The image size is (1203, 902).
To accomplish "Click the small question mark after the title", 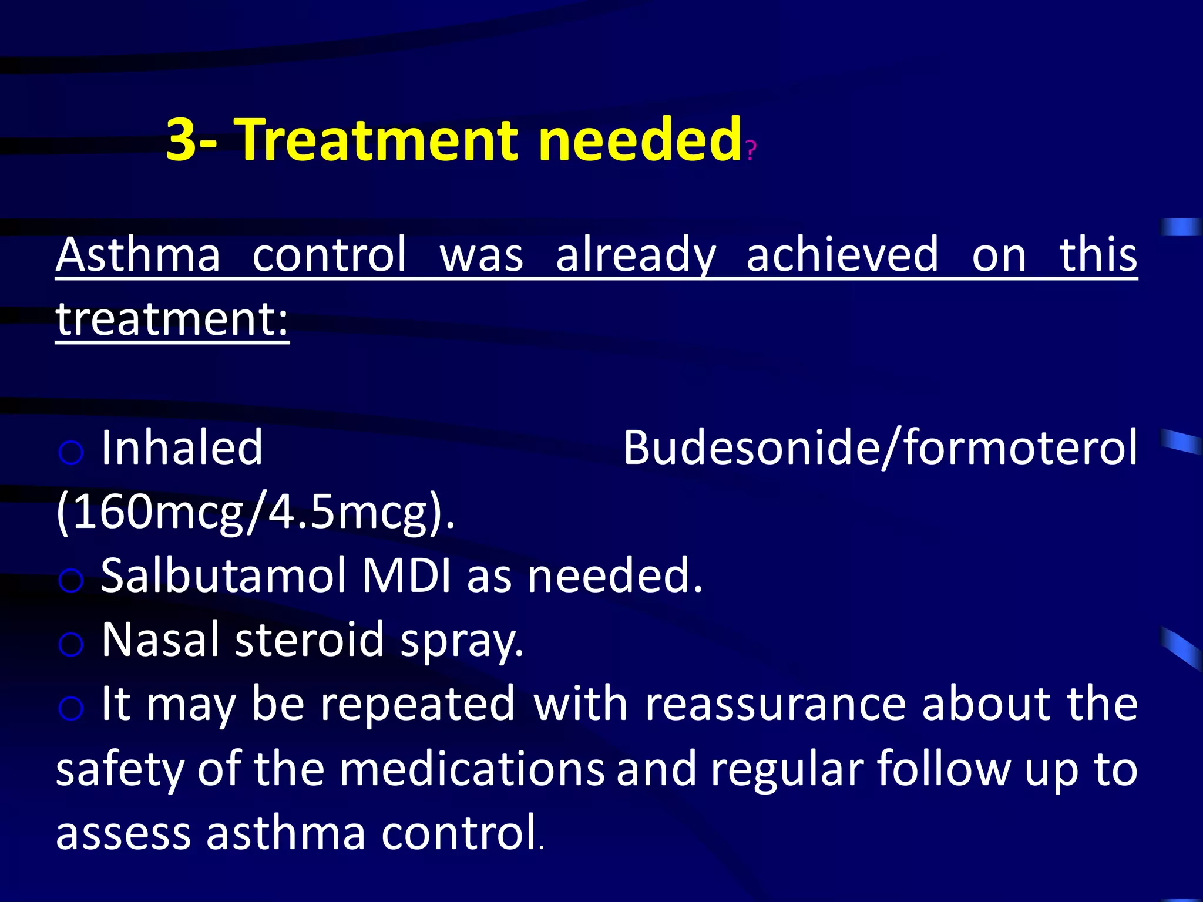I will [751, 151].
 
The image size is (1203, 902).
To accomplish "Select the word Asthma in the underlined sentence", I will [139, 255].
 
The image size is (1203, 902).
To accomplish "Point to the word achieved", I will [842, 255].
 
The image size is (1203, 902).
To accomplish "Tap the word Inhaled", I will [182, 447].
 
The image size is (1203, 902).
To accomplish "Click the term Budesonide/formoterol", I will [880, 447].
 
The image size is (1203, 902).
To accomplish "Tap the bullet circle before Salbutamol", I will [71, 581].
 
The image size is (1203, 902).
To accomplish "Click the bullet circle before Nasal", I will [71, 645].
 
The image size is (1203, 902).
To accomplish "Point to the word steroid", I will [310, 640].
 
